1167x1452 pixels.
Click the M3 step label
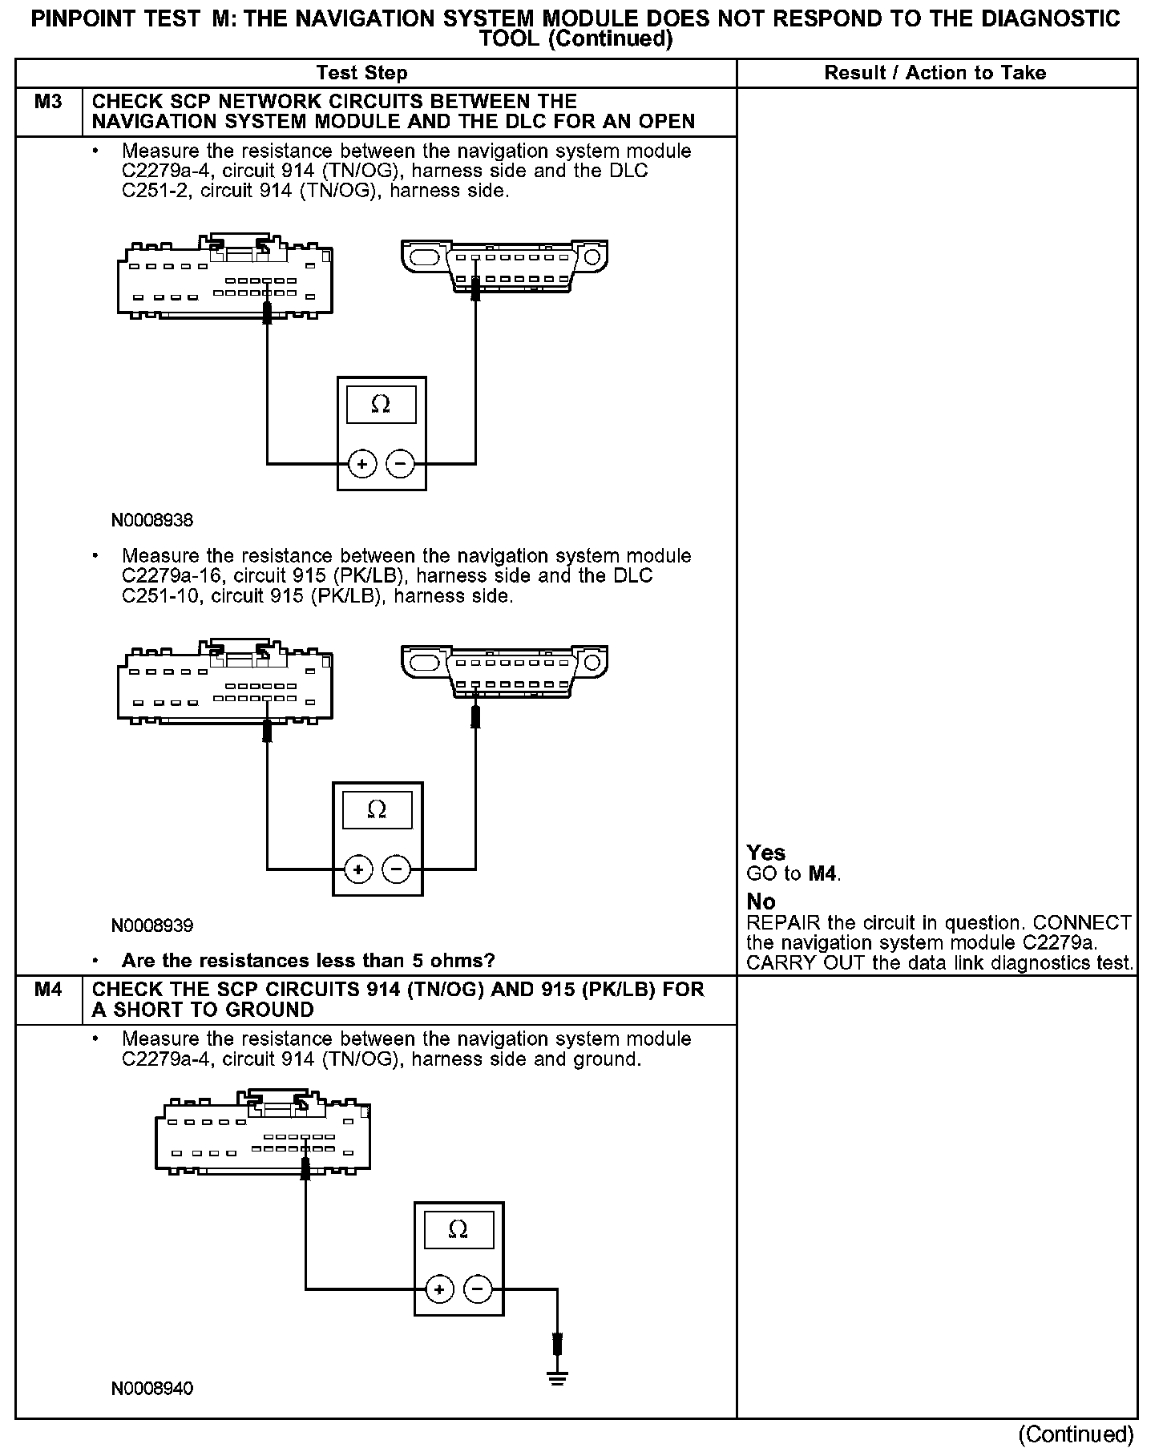(48, 102)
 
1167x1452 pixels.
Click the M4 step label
(48, 990)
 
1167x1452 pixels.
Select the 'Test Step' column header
(361, 73)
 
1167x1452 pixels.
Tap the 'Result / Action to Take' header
(935, 73)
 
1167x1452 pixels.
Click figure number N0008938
(152, 521)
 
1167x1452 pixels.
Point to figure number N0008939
(152, 926)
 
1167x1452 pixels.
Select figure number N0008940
(152, 1389)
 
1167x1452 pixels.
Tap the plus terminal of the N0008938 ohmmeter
(362, 464)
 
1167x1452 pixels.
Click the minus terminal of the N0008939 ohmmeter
(397, 869)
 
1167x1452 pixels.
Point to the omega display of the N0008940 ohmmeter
(458, 1229)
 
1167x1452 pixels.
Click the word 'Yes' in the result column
(765, 853)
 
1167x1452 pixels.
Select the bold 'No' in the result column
(761, 902)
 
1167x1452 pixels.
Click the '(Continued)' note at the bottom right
(1076, 1434)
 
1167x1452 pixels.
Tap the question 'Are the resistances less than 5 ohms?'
(308, 961)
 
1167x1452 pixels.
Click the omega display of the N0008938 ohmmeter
(381, 405)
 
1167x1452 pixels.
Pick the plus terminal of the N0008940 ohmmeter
(438, 1289)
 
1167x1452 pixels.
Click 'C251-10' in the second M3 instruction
(158, 596)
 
